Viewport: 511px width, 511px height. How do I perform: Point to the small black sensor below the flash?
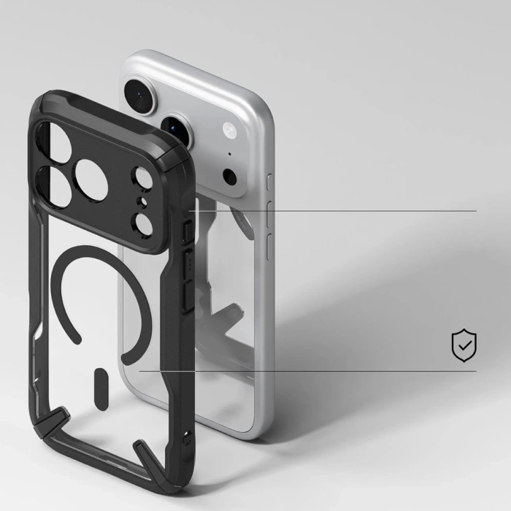[x=230, y=176]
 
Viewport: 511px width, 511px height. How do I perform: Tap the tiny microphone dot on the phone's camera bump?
[x=230, y=155]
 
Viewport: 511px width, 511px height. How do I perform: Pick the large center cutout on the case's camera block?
[x=92, y=180]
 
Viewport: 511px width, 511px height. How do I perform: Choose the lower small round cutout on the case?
[x=144, y=223]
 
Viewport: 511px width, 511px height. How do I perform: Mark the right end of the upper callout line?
[x=476, y=211]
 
